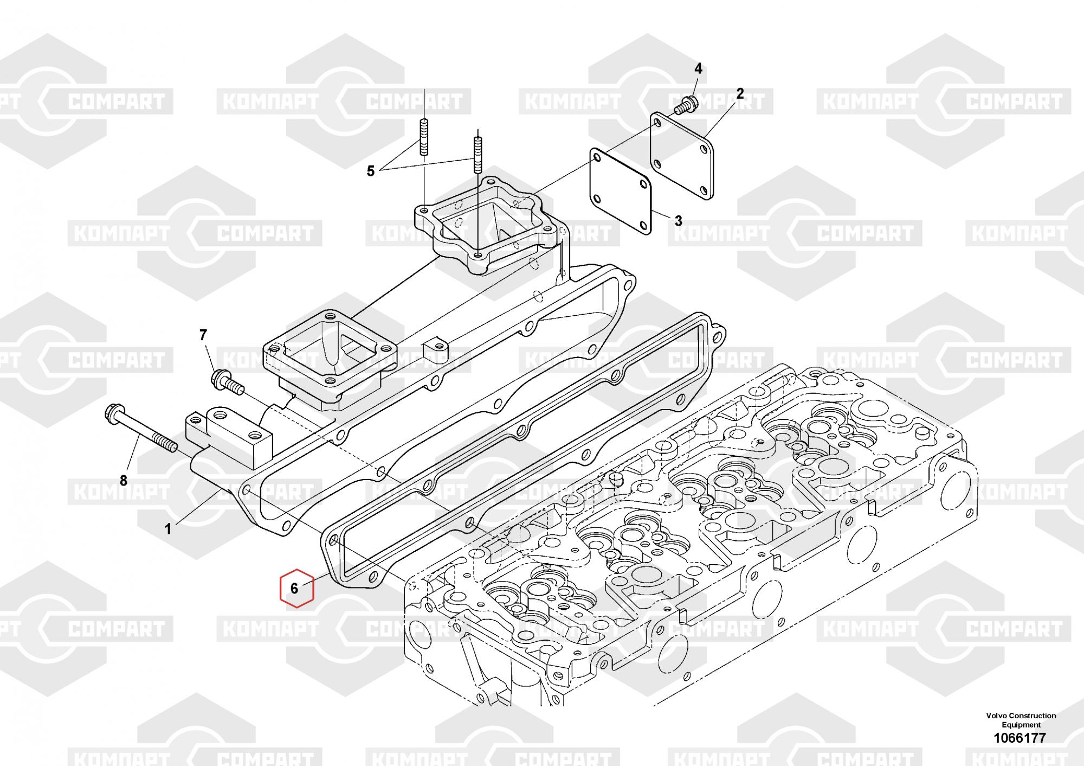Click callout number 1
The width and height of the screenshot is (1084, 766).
(168, 529)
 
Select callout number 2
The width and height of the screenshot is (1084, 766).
(740, 94)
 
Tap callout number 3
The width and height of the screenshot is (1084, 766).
(679, 221)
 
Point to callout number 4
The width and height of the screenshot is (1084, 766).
(698, 68)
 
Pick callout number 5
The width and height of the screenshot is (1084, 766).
(371, 171)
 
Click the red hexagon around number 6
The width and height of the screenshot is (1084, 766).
(296, 588)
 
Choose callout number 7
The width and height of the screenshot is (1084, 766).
(203, 335)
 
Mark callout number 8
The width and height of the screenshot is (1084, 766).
(124, 480)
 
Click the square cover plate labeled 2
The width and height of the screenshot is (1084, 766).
(682, 155)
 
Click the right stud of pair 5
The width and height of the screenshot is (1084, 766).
(478, 155)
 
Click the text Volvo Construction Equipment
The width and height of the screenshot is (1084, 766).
(1021, 720)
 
